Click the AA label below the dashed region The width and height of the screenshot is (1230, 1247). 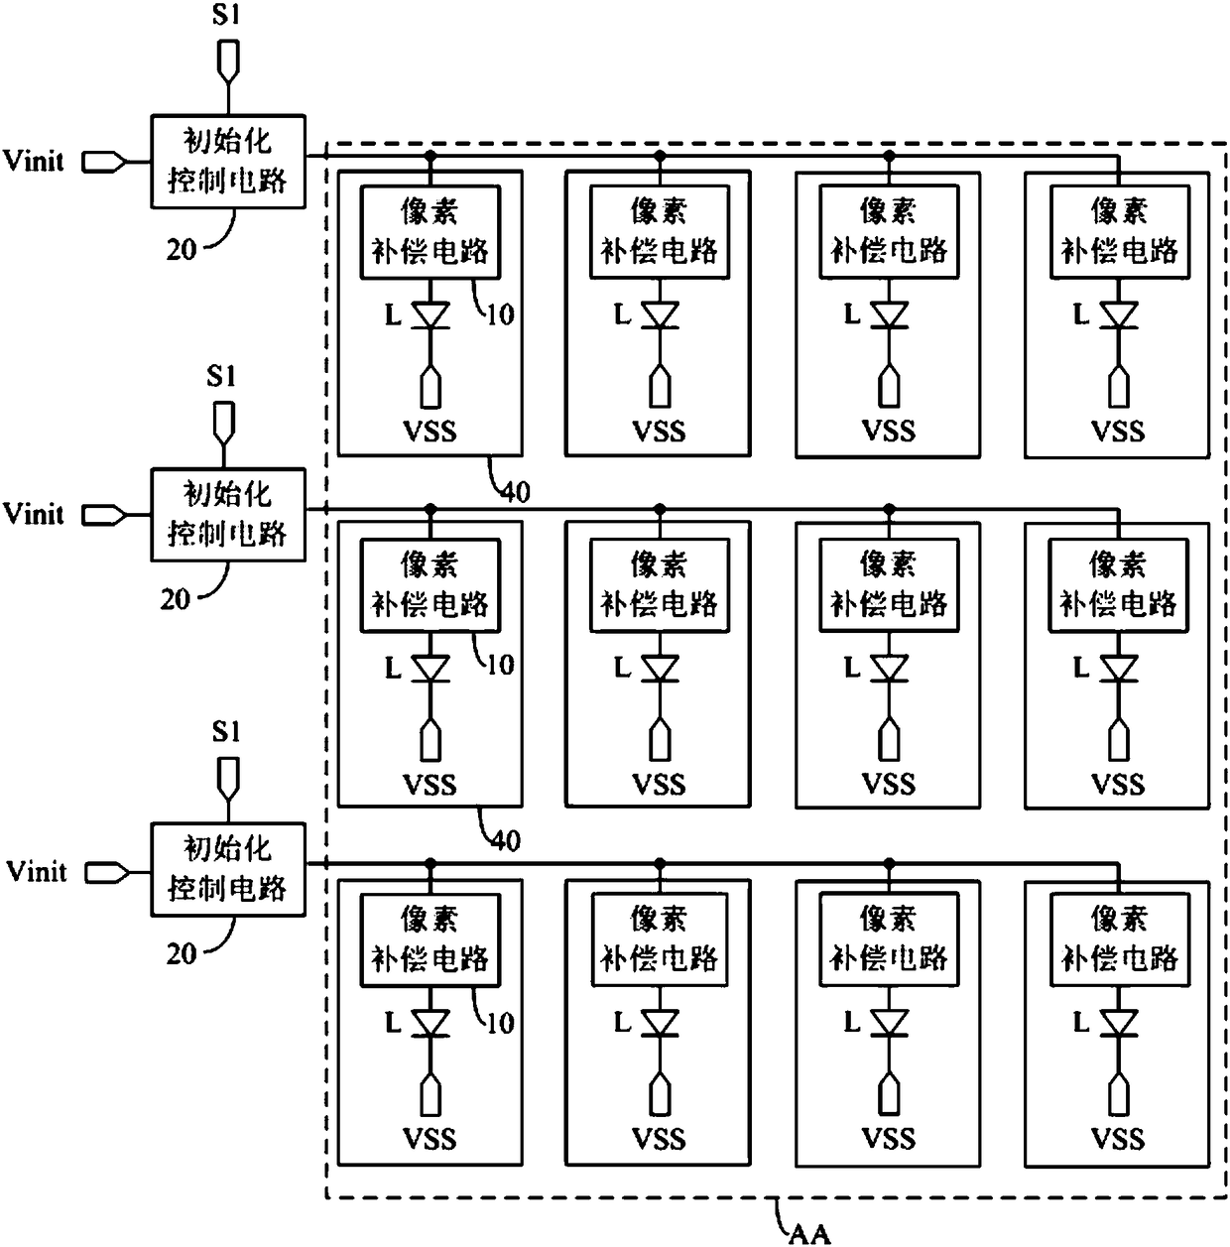coord(809,1234)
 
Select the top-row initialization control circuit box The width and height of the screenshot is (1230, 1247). coord(228,161)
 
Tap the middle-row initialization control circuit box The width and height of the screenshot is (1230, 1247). coord(228,515)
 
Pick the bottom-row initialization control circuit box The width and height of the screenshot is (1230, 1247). coord(228,869)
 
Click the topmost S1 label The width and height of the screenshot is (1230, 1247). coord(226,15)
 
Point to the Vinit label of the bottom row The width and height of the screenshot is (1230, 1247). coord(37,871)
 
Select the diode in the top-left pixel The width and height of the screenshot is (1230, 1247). coord(430,315)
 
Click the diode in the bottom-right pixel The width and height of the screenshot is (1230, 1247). coord(1119,1024)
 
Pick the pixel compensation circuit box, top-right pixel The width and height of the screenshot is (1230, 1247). coord(1119,232)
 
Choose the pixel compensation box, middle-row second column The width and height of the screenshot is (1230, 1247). coord(659,585)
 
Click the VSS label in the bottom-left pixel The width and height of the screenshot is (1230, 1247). coord(430,1139)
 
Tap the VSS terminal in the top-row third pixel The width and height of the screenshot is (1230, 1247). coord(890,387)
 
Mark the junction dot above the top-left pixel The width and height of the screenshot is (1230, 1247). coord(430,156)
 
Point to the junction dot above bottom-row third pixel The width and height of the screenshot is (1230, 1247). coord(890,863)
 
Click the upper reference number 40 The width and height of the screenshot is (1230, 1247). coord(516,493)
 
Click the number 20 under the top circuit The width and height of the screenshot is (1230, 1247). coord(182,250)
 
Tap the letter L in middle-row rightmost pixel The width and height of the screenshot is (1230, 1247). coord(1081,667)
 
